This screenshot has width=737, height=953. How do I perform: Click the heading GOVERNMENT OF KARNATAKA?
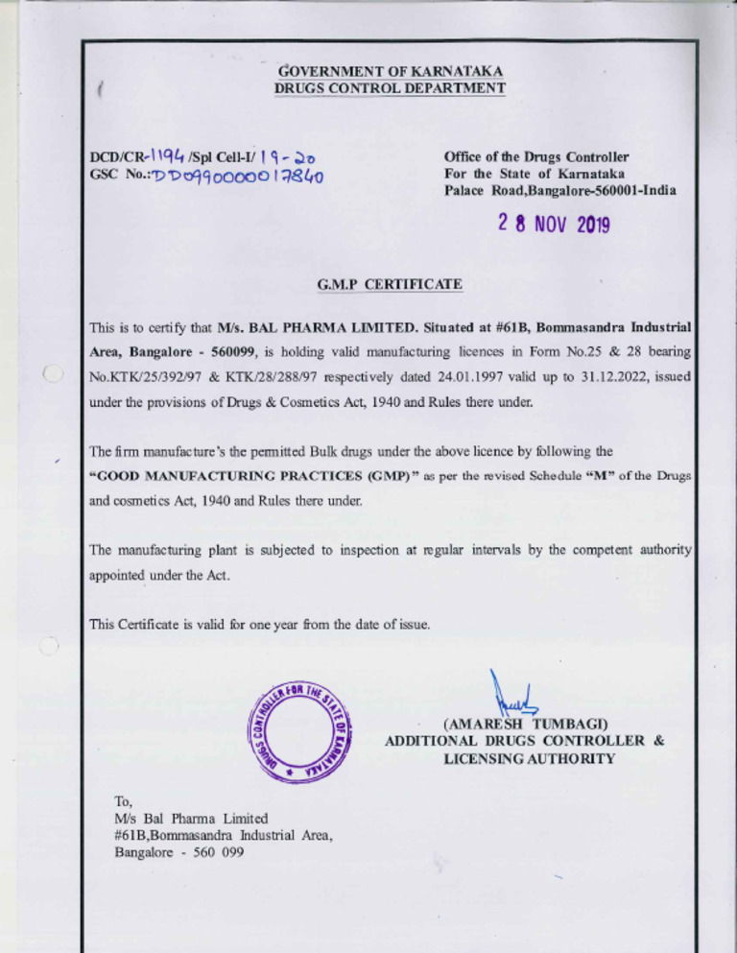[390, 71]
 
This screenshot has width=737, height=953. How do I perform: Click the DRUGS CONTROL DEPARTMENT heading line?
[390, 88]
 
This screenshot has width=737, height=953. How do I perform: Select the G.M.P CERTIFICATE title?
[389, 284]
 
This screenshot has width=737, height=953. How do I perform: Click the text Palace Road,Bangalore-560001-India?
[559, 191]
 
